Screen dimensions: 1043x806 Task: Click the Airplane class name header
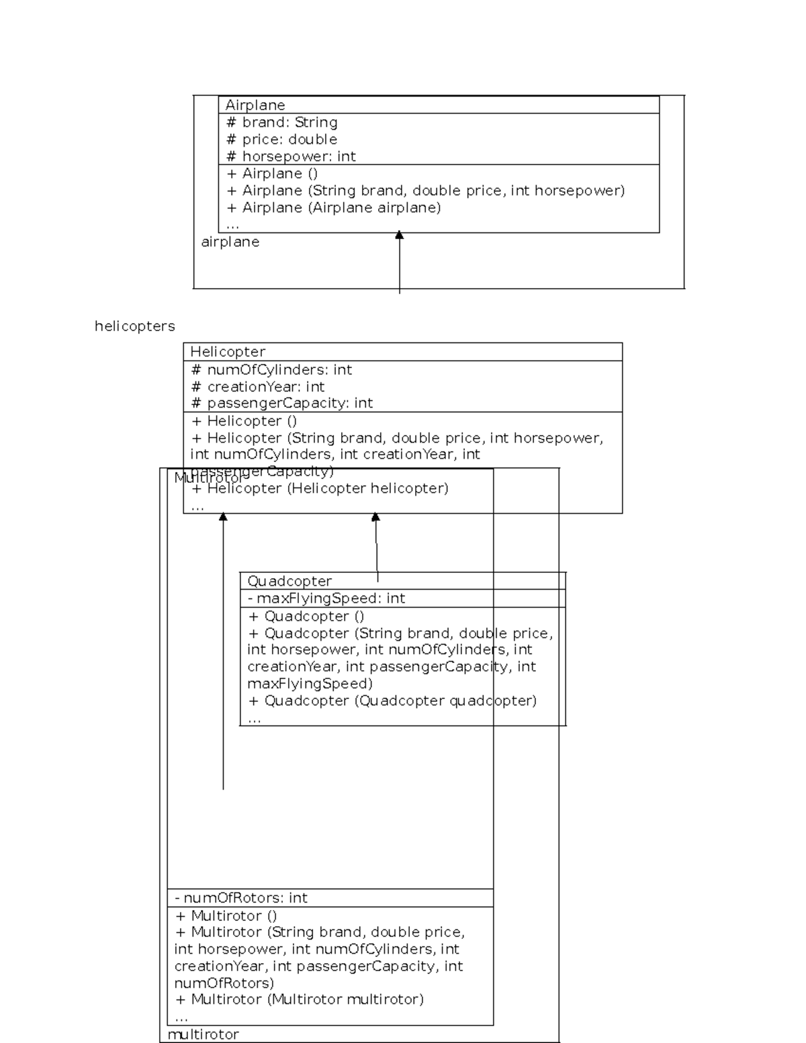point(255,105)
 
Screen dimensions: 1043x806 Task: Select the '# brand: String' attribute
point(282,122)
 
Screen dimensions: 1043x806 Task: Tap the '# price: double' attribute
point(282,140)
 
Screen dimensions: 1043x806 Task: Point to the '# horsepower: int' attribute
point(291,156)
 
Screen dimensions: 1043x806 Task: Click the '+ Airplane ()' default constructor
point(272,173)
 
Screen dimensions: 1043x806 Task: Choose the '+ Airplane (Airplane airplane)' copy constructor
point(334,208)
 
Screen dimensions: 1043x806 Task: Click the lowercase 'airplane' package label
point(230,242)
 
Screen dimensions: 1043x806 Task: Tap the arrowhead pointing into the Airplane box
point(400,235)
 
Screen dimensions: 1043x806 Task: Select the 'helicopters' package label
point(134,326)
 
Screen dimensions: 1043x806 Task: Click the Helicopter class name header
point(228,352)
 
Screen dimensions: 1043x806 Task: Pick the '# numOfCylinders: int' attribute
point(271,370)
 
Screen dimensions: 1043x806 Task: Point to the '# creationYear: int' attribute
point(258,387)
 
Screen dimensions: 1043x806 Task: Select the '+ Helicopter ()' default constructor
point(244,421)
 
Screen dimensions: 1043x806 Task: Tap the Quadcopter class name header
point(289,581)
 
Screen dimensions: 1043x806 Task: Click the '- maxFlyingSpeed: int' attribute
point(326,598)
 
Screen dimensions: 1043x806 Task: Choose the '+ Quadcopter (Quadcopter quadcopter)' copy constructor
point(392,701)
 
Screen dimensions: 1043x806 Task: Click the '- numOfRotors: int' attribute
point(241,898)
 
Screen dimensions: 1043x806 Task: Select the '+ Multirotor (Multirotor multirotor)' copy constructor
point(300,999)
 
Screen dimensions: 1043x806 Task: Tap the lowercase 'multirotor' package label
point(203,1034)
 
